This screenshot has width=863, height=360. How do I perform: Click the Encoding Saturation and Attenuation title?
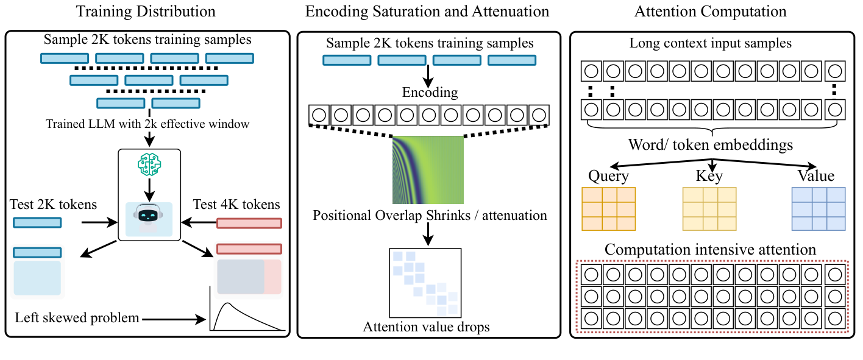(x=427, y=12)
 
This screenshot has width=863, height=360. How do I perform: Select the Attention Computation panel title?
(x=710, y=12)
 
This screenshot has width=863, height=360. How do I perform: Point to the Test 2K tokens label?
(x=54, y=204)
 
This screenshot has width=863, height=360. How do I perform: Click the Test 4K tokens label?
(x=236, y=204)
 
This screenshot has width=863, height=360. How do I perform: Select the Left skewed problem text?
(x=77, y=317)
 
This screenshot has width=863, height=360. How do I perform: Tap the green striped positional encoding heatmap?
(x=428, y=169)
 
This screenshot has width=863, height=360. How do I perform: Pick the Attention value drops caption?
(x=427, y=326)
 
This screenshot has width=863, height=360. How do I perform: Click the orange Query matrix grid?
(x=609, y=208)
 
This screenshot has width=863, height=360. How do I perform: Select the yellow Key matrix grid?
(x=709, y=209)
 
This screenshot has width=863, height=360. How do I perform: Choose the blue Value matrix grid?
(x=818, y=208)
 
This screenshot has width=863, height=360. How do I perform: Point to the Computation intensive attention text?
(x=711, y=250)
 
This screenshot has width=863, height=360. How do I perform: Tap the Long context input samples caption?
(x=711, y=44)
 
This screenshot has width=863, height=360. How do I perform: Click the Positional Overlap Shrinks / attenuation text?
(x=430, y=215)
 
